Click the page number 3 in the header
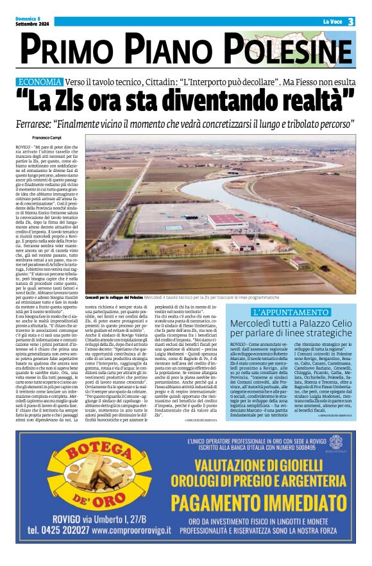351,22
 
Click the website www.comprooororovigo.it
131,531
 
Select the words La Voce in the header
332,22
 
